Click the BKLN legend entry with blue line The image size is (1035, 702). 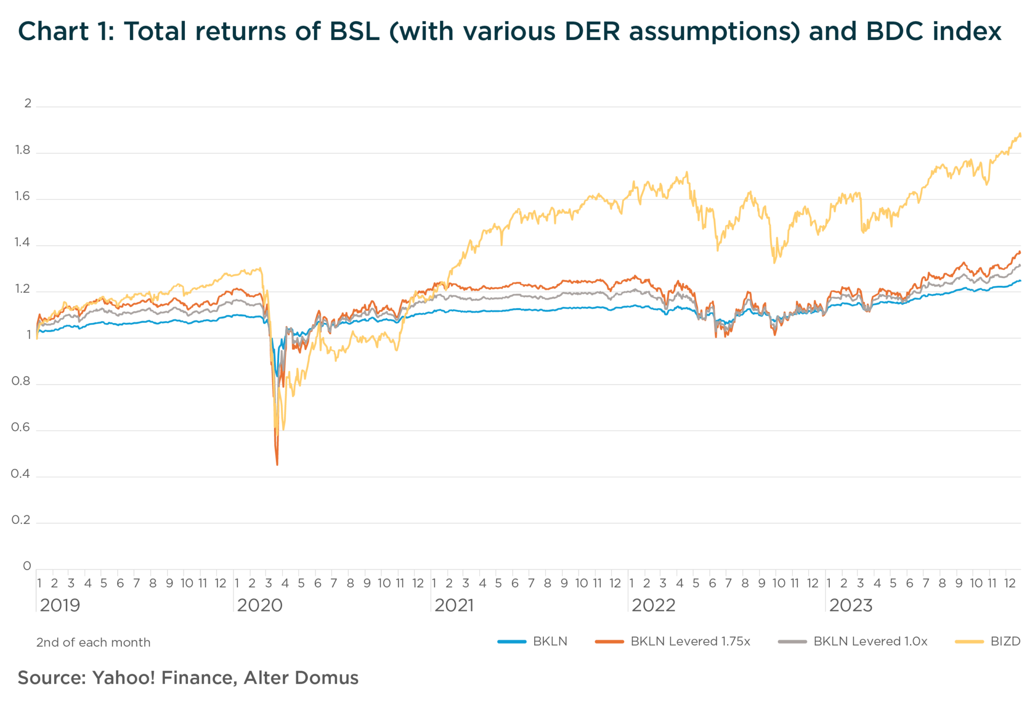coord(533,641)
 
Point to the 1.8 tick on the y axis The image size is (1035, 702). coord(22,150)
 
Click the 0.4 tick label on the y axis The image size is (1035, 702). coord(20,474)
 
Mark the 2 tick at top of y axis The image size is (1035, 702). coord(28,104)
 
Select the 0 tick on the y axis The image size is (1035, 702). coord(27,566)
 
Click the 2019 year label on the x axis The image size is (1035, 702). coord(60,605)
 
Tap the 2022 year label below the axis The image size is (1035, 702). coord(653,605)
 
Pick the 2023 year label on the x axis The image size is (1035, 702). coord(851,605)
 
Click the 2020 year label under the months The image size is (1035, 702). coord(259,605)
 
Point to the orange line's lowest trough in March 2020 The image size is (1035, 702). coord(277,464)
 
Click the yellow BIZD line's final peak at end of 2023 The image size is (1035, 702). coord(1019,134)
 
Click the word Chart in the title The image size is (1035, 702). coord(54,31)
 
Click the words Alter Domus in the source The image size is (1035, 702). coord(301,678)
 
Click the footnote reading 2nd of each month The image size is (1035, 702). coord(93,642)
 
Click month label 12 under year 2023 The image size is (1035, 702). coord(1009,583)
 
